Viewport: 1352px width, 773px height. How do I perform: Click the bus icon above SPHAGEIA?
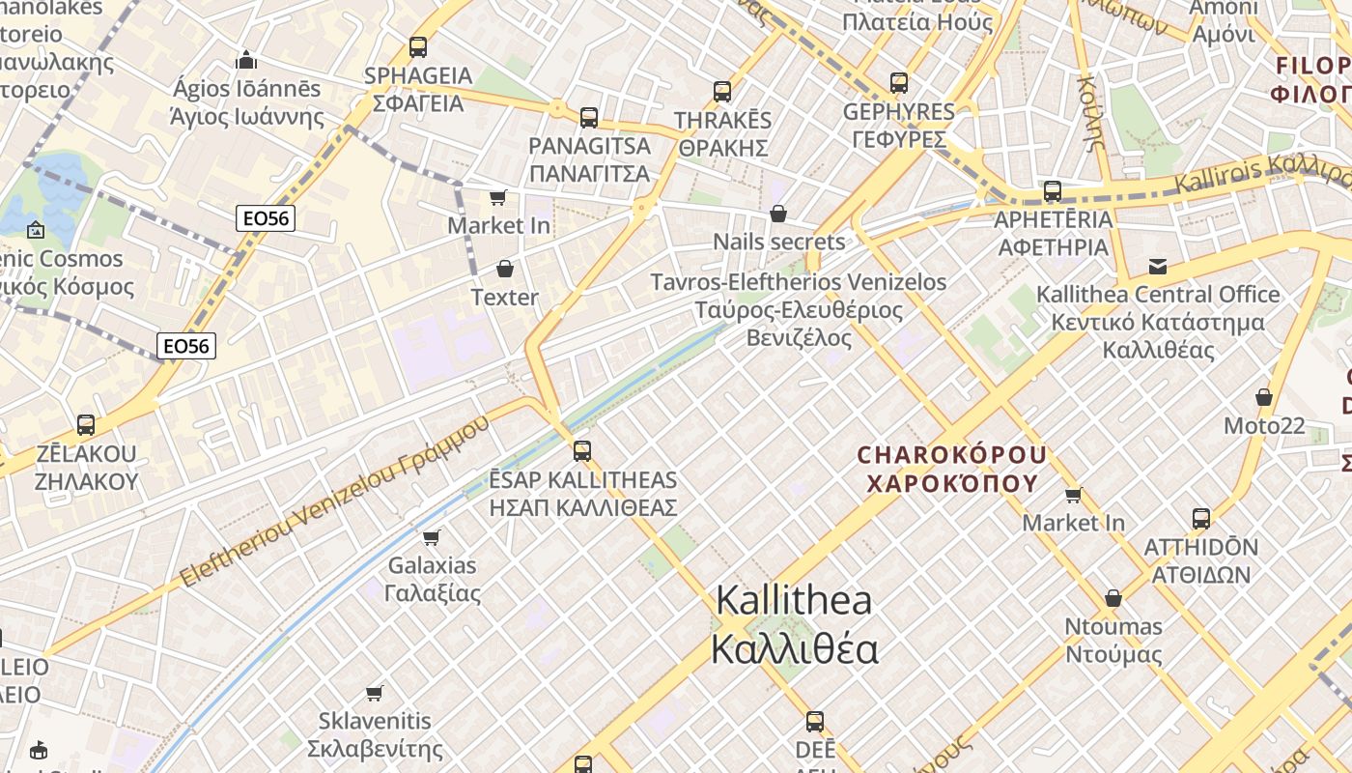[x=418, y=46]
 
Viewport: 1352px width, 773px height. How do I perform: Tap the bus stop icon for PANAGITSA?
[x=589, y=118]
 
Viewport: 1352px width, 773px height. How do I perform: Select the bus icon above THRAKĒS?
[x=722, y=92]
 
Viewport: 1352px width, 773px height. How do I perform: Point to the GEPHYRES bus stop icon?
[x=899, y=83]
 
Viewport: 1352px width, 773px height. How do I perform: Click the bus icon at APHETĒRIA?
[x=1053, y=191]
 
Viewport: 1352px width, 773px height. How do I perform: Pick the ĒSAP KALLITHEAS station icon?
[x=582, y=450]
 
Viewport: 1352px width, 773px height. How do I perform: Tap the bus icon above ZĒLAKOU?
[x=86, y=425]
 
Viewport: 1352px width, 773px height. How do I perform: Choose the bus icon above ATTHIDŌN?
[x=1201, y=519]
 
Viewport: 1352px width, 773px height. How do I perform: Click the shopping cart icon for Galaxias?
[x=432, y=536]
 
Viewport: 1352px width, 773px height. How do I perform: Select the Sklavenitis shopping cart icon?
[x=375, y=693]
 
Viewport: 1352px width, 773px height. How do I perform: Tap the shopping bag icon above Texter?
[x=504, y=269]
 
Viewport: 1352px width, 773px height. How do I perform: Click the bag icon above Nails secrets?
[x=778, y=214]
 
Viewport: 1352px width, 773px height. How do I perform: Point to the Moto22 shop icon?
[x=1263, y=397]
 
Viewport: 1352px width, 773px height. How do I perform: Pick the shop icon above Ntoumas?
[x=1113, y=598]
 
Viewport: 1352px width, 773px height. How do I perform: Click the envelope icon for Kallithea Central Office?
[x=1157, y=266]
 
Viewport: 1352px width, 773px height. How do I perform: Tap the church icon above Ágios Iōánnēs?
[x=246, y=60]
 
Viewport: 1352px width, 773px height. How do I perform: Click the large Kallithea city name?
[x=794, y=624]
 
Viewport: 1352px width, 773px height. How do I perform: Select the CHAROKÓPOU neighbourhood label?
[x=951, y=468]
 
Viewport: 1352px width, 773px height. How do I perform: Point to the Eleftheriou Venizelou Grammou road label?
[x=335, y=503]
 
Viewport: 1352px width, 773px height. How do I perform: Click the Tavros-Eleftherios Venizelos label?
[x=799, y=309]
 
